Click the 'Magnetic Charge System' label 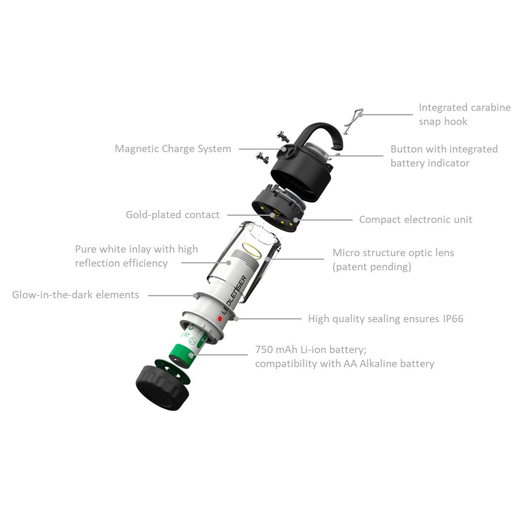[173, 149]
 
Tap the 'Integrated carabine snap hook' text [464, 115]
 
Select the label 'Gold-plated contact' [173, 215]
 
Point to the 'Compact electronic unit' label [415, 220]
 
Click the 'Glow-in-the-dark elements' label [76, 295]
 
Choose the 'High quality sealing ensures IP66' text [385, 319]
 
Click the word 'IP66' [453, 319]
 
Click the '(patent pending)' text [372, 267]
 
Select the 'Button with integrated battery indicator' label [443, 156]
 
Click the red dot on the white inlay [219, 319]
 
